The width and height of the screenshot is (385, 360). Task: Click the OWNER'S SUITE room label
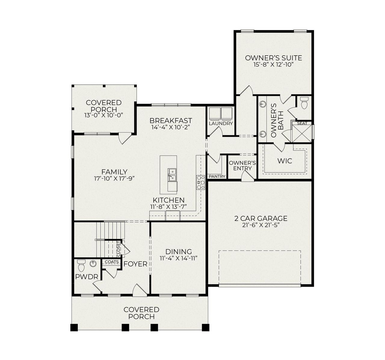(273, 58)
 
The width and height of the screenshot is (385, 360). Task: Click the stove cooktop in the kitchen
(201, 182)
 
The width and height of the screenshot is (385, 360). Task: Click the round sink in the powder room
(94, 264)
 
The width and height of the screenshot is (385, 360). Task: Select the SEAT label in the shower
(302, 123)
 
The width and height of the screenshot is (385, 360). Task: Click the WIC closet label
(285, 161)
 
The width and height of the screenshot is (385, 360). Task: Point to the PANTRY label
(217, 176)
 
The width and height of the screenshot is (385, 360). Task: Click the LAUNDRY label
(221, 124)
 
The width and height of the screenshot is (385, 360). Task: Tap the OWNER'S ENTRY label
(242, 166)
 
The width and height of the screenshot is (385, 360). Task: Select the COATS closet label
(111, 262)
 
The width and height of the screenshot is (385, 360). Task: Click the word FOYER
(135, 264)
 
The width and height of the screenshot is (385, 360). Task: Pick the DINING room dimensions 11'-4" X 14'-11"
(178, 258)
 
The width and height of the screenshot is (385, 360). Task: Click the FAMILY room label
(114, 172)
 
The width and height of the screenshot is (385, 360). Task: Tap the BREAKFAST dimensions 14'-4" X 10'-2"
(171, 127)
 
